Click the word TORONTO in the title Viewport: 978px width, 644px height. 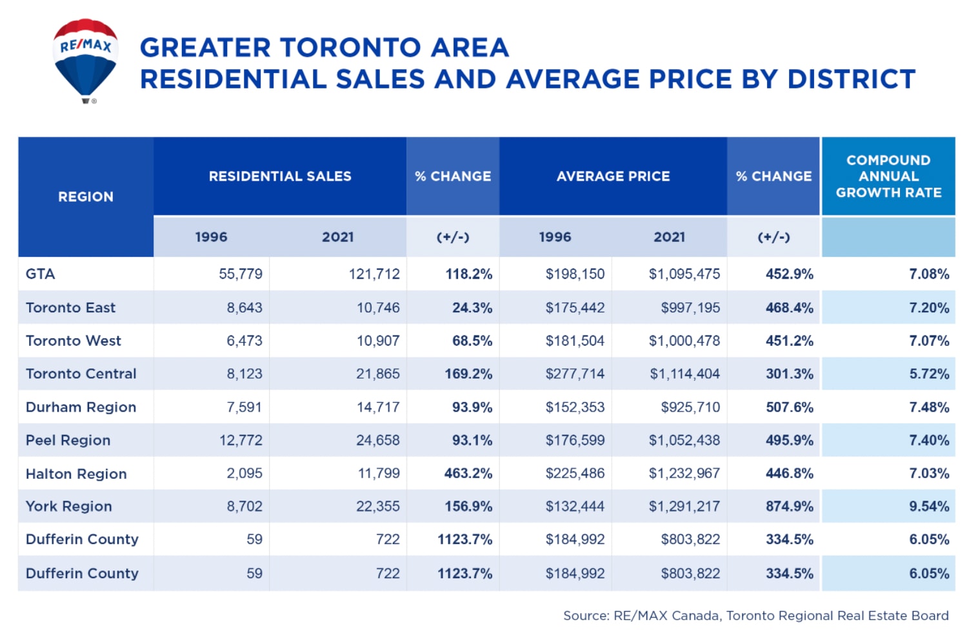click(x=350, y=48)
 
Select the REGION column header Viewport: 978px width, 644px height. click(x=86, y=197)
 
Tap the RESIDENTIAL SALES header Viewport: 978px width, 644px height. click(x=280, y=176)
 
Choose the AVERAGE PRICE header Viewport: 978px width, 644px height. click(x=613, y=176)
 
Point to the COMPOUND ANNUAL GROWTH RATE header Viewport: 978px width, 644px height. click(x=888, y=176)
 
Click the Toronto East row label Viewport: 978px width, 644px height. click(x=71, y=308)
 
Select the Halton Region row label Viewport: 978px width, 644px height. click(x=76, y=474)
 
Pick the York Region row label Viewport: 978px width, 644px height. click(x=69, y=507)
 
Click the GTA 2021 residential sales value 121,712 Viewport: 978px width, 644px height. click(x=374, y=274)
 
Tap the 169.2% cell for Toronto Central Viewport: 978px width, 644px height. click(x=468, y=374)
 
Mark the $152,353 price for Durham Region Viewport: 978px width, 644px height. click(x=575, y=407)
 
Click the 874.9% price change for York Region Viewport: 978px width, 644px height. click(x=790, y=507)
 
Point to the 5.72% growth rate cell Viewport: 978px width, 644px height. click(x=929, y=374)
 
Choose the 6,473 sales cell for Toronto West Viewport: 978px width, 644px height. click(x=245, y=341)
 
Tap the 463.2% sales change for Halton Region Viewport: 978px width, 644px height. click(x=468, y=474)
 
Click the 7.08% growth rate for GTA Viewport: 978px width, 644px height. click(x=929, y=274)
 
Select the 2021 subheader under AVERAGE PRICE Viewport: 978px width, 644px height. click(x=669, y=237)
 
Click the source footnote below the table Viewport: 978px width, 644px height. click(x=755, y=616)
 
